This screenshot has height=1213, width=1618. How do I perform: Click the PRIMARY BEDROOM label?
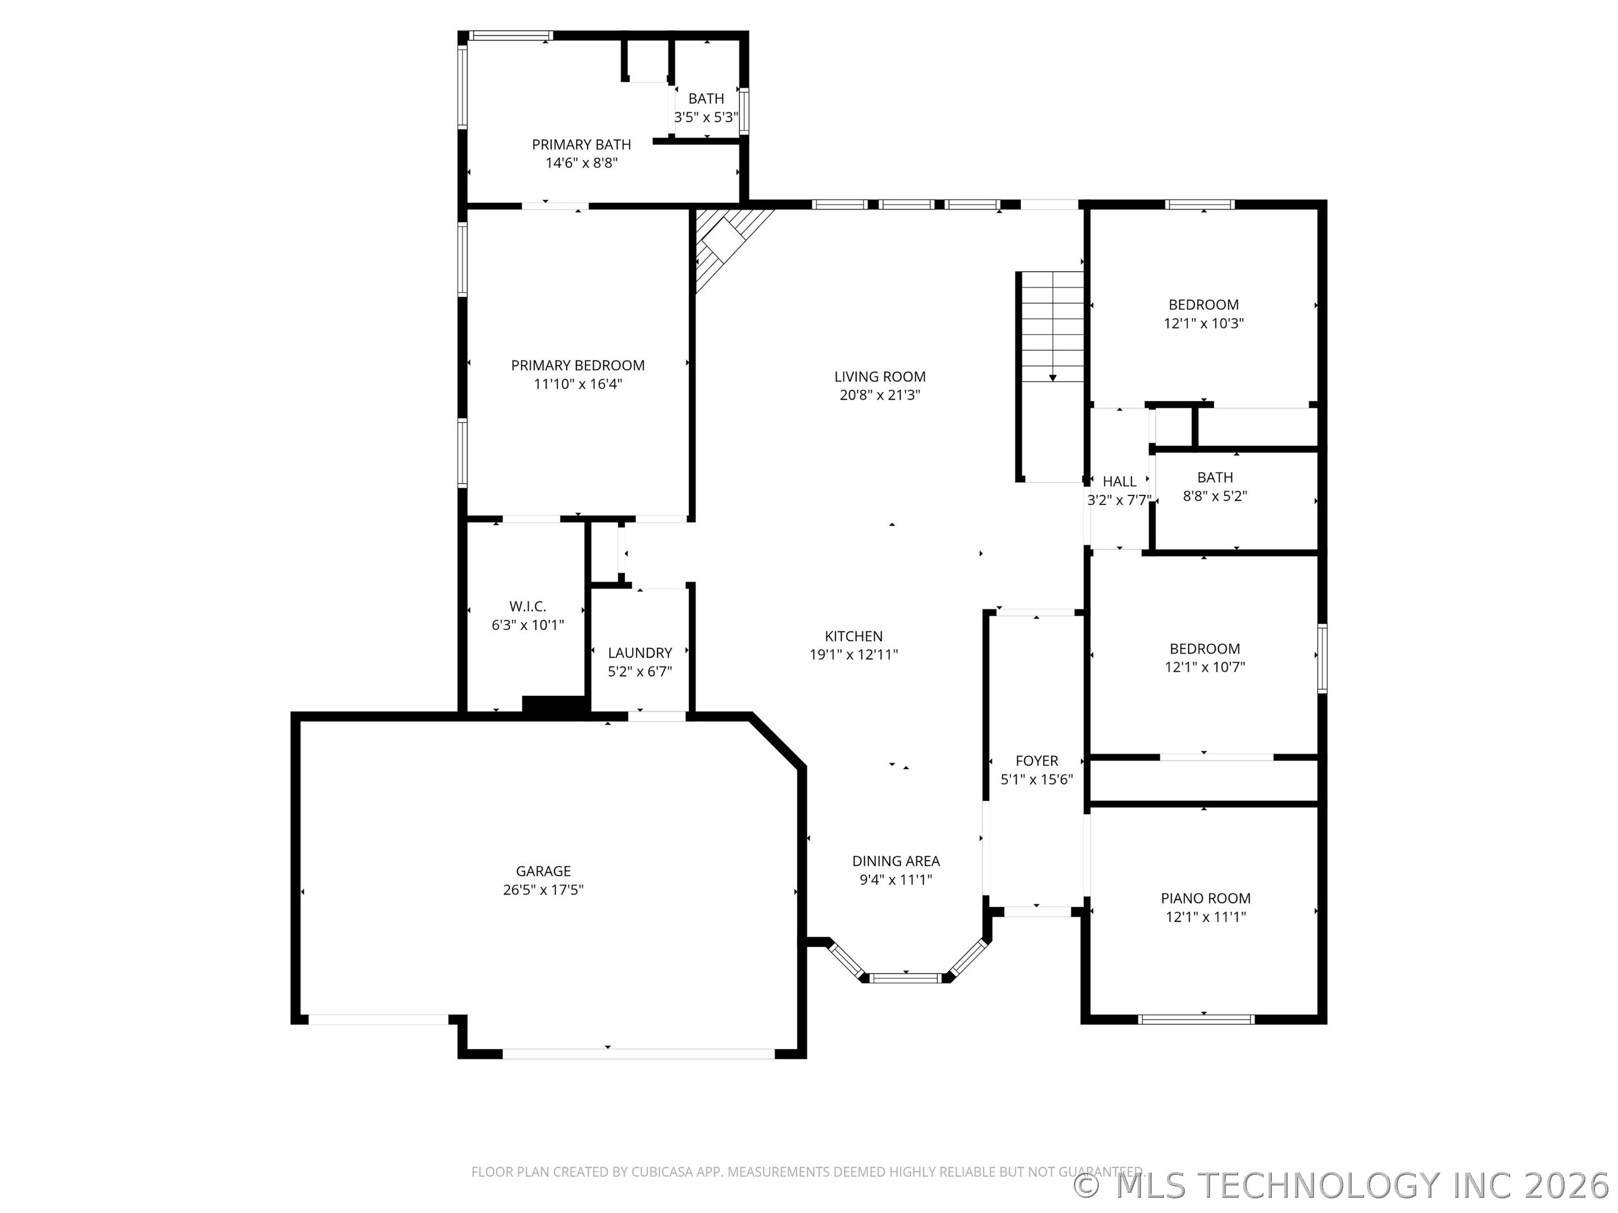click(578, 366)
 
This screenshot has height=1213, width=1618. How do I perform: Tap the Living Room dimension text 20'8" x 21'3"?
click(880, 395)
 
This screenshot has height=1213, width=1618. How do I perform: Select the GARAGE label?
click(543, 872)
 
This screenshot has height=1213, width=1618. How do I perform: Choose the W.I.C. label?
click(528, 607)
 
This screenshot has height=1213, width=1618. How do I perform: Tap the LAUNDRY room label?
click(640, 653)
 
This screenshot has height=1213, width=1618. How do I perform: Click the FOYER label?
click(1037, 761)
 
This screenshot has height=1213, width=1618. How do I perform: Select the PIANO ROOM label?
click(1206, 899)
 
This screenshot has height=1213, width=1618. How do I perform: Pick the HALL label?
click(1119, 482)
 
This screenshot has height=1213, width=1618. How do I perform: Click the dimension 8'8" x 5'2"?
click(1215, 496)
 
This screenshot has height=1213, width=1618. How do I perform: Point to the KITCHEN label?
click(853, 637)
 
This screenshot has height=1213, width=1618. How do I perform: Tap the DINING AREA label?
click(896, 862)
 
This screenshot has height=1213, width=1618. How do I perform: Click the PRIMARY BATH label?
click(581, 145)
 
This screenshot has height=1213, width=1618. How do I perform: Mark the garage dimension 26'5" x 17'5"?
click(543, 891)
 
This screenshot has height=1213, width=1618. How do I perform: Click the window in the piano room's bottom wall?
click(1197, 1019)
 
